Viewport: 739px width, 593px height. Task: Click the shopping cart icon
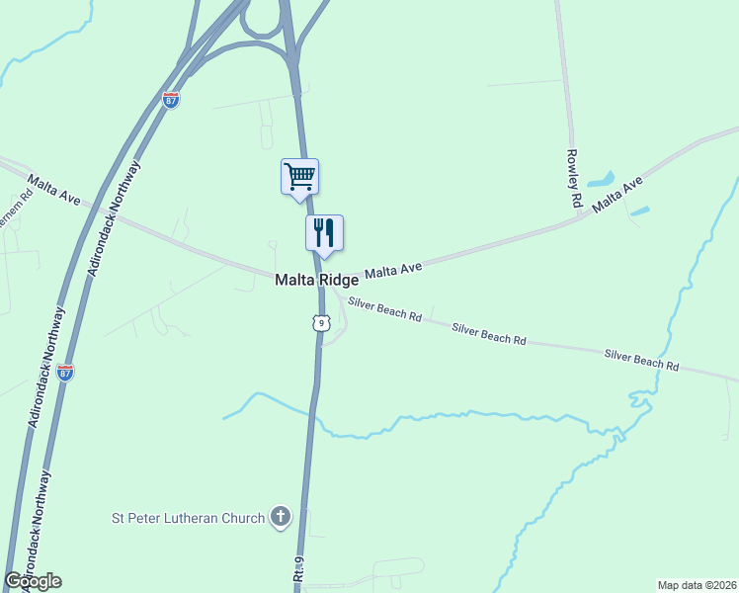click(x=299, y=177)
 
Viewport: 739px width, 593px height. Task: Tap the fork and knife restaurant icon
click(x=324, y=233)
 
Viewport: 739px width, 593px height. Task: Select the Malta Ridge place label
click(x=316, y=281)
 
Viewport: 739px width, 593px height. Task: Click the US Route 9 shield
click(x=319, y=323)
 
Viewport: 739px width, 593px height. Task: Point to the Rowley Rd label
click(x=573, y=178)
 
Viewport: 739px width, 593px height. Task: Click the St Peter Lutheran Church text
click(x=188, y=518)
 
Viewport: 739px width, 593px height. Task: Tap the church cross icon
click(x=281, y=517)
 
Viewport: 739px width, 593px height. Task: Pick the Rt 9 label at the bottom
click(x=297, y=571)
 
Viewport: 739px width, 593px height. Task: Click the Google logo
click(x=33, y=581)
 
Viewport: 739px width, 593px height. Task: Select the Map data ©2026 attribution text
click(x=698, y=584)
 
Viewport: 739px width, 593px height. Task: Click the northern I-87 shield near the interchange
click(x=171, y=100)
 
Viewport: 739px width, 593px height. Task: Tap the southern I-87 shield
click(x=65, y=373)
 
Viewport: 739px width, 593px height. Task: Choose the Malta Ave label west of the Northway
click(x=54, y=189)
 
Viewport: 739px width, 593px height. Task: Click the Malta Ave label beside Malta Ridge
click(x=393, y=269)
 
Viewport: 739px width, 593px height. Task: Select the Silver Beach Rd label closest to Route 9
click(x=385, y=310)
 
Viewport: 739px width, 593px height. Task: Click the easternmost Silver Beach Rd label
click(x=642, y=359)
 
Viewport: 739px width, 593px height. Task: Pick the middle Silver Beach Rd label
click(x=488, y=333)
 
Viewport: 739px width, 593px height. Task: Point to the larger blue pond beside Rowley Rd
click(x=600, y=181)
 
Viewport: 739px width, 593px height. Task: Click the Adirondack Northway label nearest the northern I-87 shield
click(x=117, y=212)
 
